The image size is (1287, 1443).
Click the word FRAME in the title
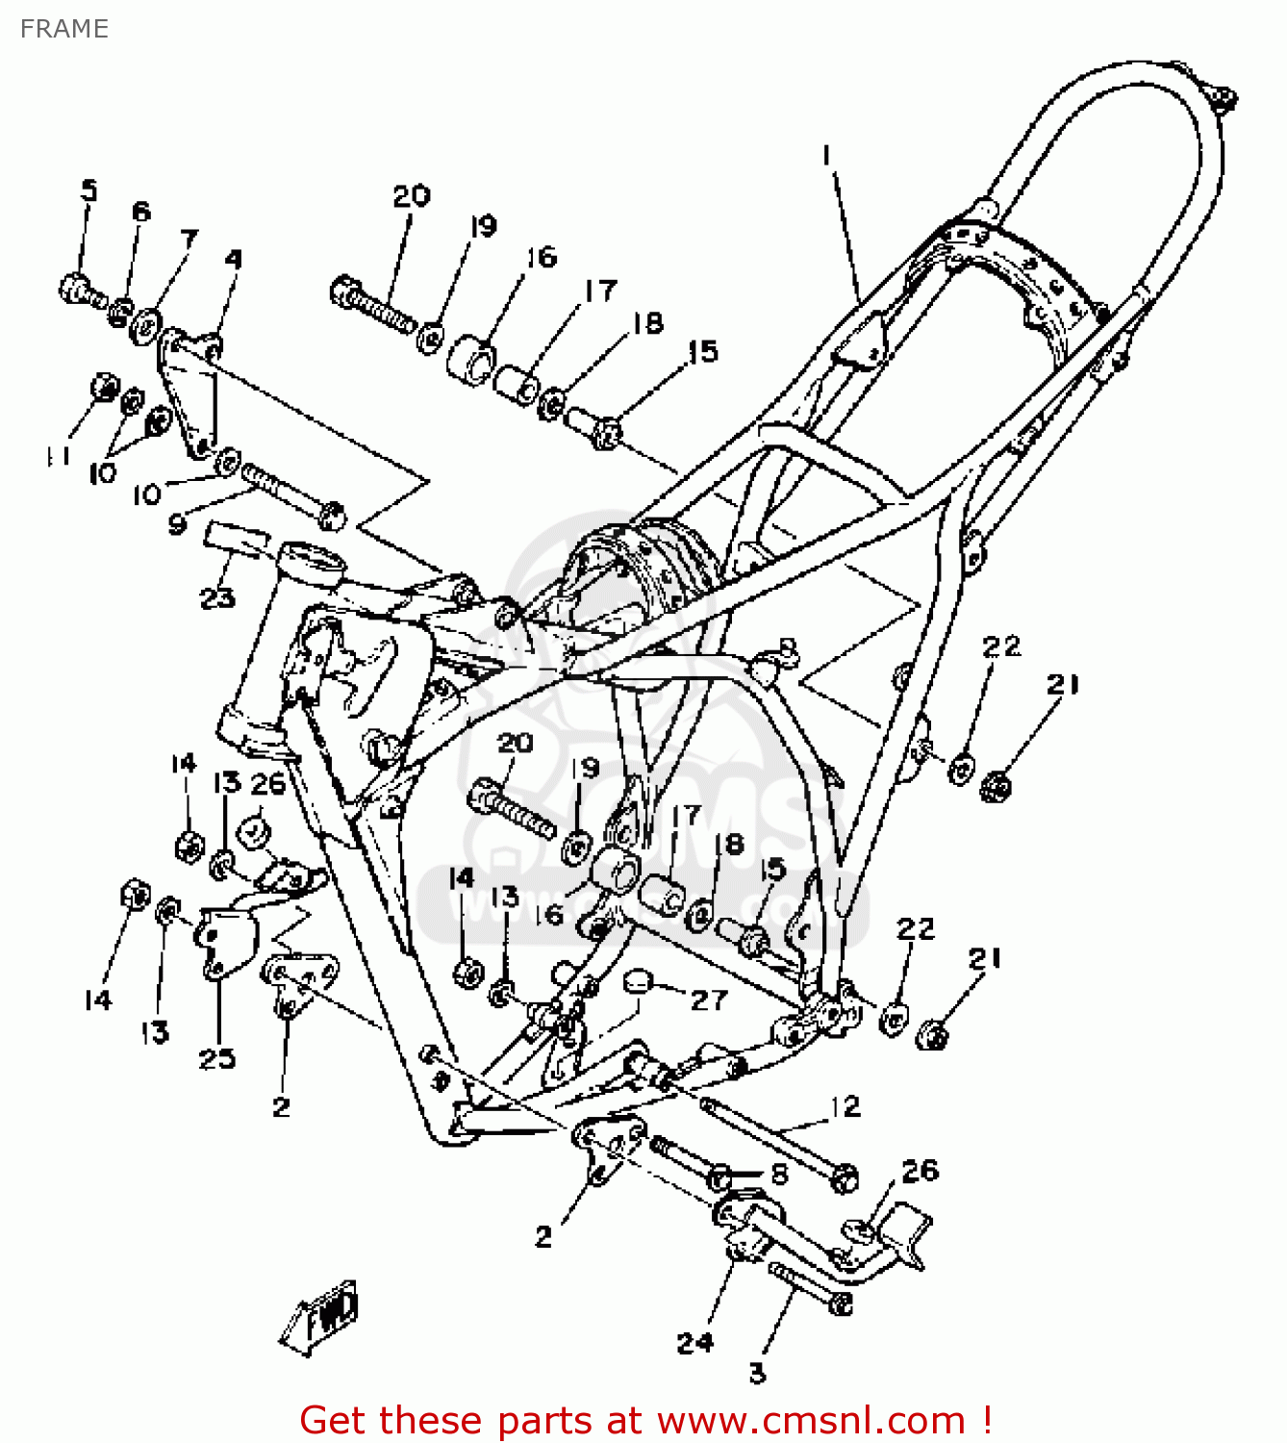[x=64, y=29]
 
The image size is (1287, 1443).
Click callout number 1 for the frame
[x=825, y=156]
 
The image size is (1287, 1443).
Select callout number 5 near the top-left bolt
[x=88, y=190]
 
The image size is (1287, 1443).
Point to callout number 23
[x=217, y=597]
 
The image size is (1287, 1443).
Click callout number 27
[x=709, y=1000]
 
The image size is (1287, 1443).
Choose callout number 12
[x=845, y=1106]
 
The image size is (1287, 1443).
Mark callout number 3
[x=758, y=1373]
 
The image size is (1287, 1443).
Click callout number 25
[x=217, y=1058]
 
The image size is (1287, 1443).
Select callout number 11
[x=59, y=455]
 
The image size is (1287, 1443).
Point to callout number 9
[x=177, y=524]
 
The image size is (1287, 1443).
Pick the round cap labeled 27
[x=638, y=982]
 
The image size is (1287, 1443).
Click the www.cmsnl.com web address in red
[x=811, y=1420]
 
